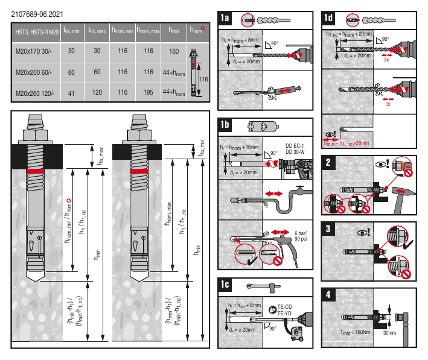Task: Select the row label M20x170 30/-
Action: coord(34,51)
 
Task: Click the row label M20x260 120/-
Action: coord(34,92)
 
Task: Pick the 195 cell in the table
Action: coord(147,92)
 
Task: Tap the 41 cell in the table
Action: coord(71,92)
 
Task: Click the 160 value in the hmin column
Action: coord(174,51)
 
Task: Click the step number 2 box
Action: coord(328,162)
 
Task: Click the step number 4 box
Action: coord(328,296)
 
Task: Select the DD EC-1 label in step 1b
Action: coord(295,145)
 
